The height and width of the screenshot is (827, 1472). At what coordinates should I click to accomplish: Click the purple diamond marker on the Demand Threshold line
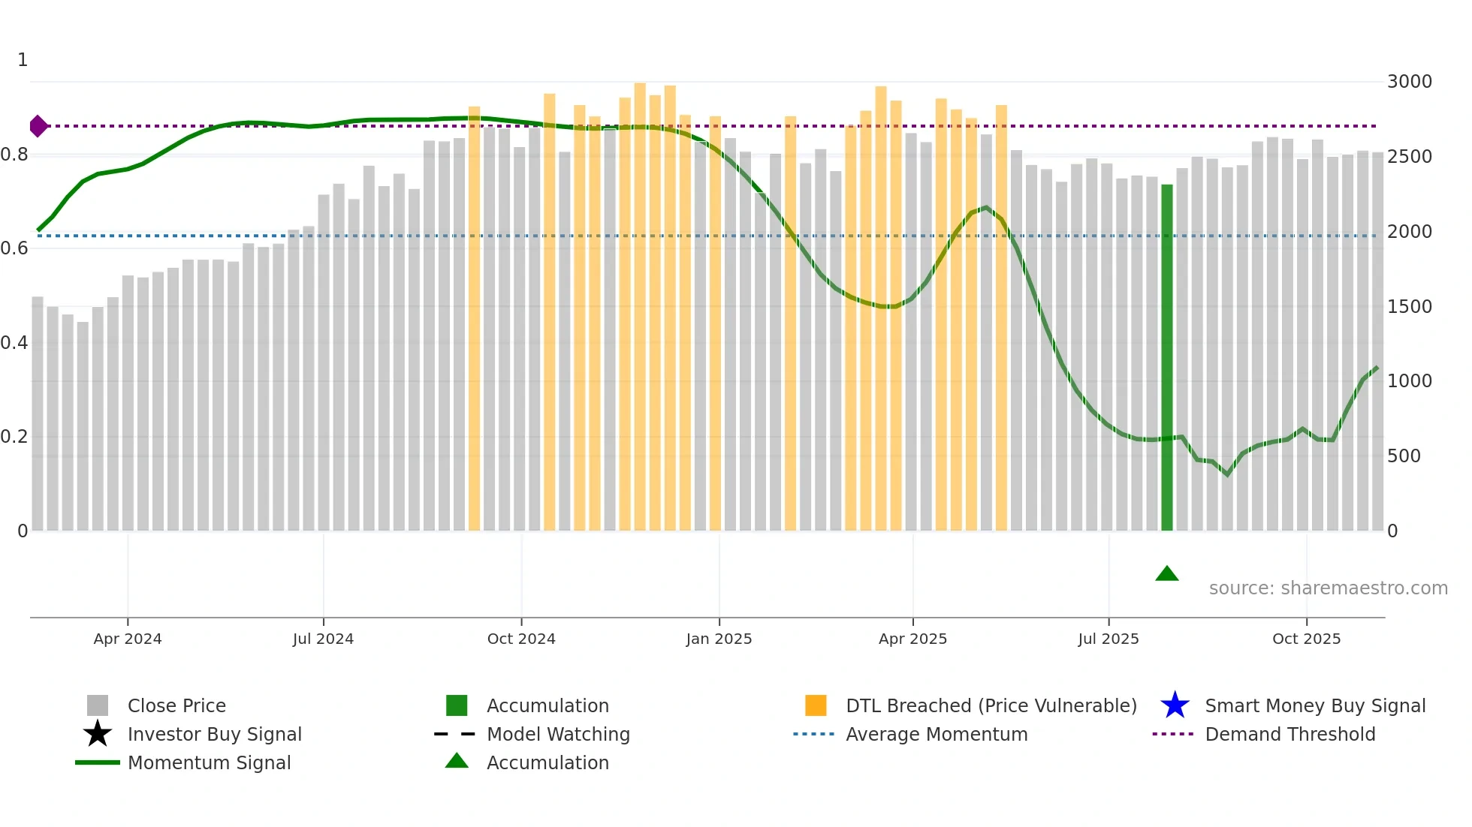(38, 126)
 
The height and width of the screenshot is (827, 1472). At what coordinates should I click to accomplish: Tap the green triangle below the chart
(1166, 574)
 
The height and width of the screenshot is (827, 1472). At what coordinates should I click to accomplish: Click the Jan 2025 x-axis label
(719, 639)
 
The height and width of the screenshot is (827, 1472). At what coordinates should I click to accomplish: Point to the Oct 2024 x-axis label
(521, 639)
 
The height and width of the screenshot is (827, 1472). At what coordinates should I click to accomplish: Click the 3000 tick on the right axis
(1409, 82)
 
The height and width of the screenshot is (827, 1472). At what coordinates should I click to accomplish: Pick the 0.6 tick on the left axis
(15, 248)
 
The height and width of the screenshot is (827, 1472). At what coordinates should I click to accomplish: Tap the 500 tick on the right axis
(1403, 456)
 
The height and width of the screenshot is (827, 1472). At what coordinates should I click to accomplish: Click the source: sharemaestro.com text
(1328, 588)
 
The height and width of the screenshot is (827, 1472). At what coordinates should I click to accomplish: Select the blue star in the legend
(1175, 705)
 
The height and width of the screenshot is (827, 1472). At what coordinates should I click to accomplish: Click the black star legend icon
(98, 734)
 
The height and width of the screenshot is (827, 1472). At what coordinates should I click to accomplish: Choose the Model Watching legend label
(558, 734)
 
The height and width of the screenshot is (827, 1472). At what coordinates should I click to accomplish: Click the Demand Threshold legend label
(1290, 734)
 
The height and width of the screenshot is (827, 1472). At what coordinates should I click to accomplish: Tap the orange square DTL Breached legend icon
(816, 705)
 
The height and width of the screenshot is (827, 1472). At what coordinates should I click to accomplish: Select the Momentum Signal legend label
(209, 762)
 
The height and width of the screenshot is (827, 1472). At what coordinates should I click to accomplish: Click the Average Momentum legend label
(937, 734)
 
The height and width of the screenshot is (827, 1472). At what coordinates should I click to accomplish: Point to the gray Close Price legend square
(98, 705)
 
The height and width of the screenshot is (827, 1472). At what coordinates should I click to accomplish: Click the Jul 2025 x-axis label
(1108, 639)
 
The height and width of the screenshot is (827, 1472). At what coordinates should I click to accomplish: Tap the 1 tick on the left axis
(23, 60)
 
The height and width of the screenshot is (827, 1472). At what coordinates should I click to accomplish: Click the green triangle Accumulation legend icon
(457, 761)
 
